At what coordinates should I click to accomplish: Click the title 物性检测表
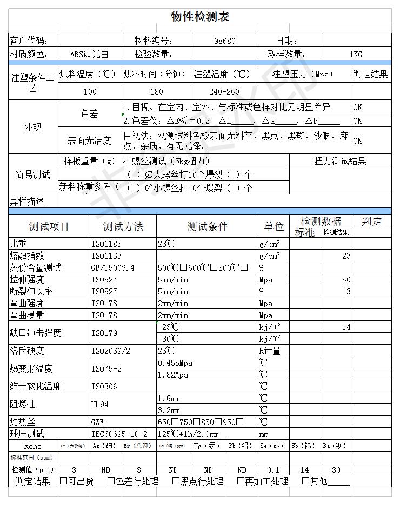pyautogui.click(x=200, y=17)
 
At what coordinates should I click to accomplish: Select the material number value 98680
pyautogui.click(x=225, y=41)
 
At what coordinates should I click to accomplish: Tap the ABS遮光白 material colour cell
pyautogui.click(x=89, y=54)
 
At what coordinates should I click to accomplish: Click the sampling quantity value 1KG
pyautogui.click(x=355, y=54)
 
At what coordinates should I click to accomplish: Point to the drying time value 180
pyautogui.click(x=156, y=92)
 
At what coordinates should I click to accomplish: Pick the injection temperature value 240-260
pyautogui.click(x=224, y=92)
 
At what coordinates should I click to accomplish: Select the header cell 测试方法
pyautogui.click(x=123, y=226)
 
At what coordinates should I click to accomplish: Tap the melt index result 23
pyautogui.click(x=346, y=255)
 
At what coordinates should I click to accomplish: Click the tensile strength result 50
pyautogui.click(x=346, y=279)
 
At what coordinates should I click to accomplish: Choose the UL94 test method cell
pyautogui.click(x=100, y=404)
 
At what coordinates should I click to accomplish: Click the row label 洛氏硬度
pyautogui.click(x=27, y=351)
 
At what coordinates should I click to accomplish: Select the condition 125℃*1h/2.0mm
pyautogui.click(x=188, y=434)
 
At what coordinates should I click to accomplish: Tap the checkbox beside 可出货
pyautogui.click(x=64, y=481)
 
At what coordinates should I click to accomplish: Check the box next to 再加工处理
pyautogui.click(x=241, y=481)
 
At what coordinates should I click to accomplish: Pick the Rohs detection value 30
pyautogui.click(x=337, y=470)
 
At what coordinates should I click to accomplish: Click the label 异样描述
pyautogui.click(x=27, y=201)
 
